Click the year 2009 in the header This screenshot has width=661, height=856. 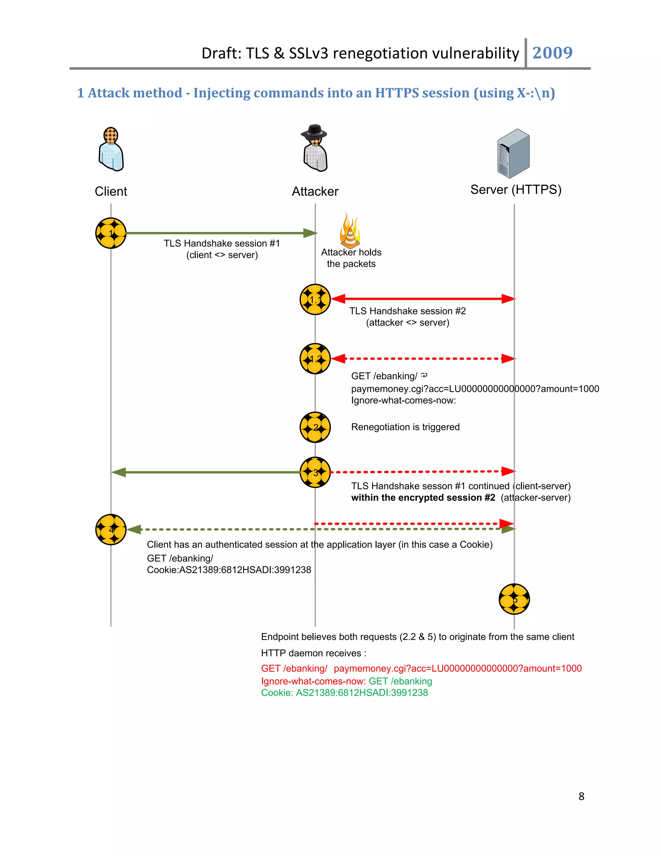pyautogui.click(x=552, y=53)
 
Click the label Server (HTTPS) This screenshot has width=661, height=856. pyautogui.click(x=516, y=190)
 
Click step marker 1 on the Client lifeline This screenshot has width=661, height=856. pyautogui.click(x=111, y=233)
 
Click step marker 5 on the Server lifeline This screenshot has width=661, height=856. pyautogui.click(x=514, y=599)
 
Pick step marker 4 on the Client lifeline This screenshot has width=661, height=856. pyautogui.click(x=111, y=529)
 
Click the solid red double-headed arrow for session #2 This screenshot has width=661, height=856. pyautogui.click(x=423, y=299)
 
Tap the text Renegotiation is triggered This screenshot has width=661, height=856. pyautogui.click(x=405, y=427)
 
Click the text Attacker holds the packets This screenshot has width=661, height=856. pyautogui.click(x=351, y=258)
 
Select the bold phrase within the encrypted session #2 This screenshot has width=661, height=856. pyautogui.click(x=423, y=498)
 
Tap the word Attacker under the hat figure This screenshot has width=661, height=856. pyautogui.click(x=315, y=192)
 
